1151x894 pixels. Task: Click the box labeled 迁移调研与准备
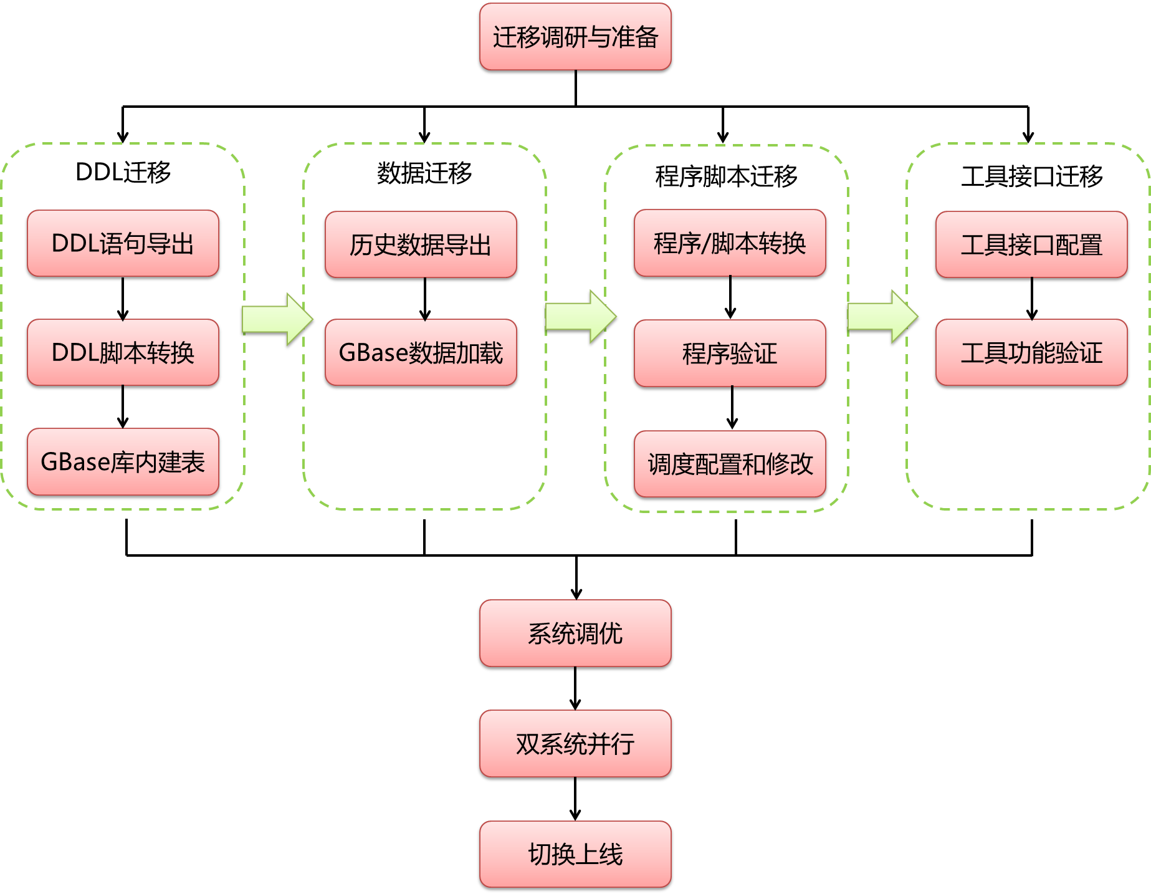click(575, 37)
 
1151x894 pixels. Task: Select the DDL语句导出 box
click(123, 243)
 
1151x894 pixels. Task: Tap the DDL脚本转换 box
click(123, 352)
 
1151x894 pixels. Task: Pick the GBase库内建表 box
click(123, 461)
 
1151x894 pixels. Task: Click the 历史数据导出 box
click(421, 244)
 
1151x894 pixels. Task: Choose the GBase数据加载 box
click(421, 352)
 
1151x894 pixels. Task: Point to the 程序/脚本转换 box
click(730, 243)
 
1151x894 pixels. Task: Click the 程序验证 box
click(730, 353)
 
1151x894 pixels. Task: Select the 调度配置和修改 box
click(730, 464)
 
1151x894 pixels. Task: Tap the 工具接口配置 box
click(1031, 244)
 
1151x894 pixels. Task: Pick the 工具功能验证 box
click(1031, 352)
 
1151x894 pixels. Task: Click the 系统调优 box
click(575, 633)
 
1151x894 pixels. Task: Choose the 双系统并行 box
click(575, 744)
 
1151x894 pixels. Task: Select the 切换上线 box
click(575, 854)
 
